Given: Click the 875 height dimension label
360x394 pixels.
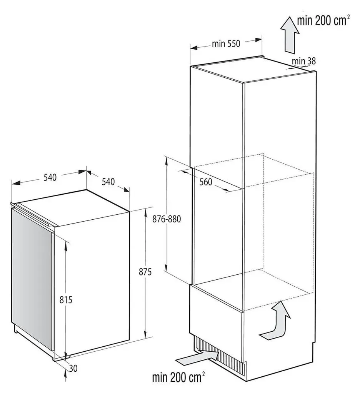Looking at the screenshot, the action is (145, 272).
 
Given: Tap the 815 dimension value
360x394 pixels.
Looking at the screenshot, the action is (66, 299).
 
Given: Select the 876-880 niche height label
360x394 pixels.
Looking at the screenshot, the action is (167, 219).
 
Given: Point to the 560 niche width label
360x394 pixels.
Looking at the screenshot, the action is (206, 182).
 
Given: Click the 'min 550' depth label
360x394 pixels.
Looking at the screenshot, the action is (226, 44).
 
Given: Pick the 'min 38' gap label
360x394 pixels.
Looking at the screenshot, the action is (304, 61).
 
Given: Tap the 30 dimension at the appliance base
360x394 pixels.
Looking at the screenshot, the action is (73, 368).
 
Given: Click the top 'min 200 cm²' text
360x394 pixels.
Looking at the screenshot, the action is (323, 20).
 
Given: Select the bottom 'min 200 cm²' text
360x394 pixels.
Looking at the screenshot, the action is (178, 378).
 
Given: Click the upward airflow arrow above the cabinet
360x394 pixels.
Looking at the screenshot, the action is (290, 35).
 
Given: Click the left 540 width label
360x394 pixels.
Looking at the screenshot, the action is (50, 177).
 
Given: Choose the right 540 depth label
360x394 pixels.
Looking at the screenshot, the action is (108, 182).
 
